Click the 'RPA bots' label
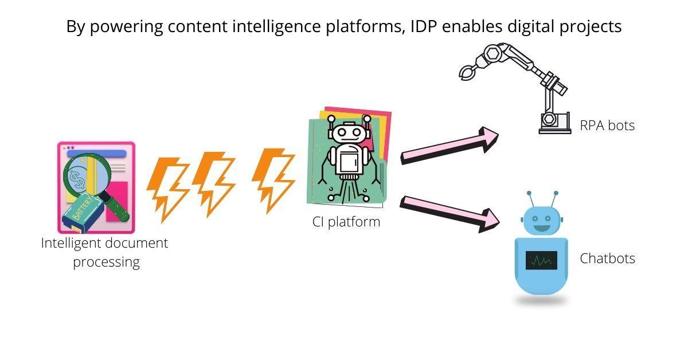(607, 126)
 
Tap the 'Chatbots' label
(607, 259)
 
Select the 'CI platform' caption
(346, 221)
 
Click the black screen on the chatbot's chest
(541, 260)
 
